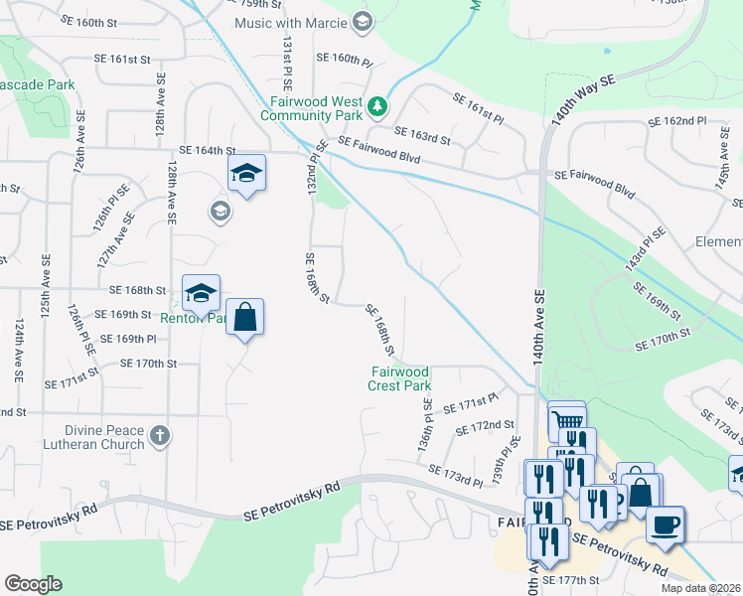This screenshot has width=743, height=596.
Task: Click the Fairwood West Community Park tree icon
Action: (x=377, y=105)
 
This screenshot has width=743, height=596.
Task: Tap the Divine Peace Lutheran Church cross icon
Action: (x=160, y=435)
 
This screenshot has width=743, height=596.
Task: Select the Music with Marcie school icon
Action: (x=363, y=21)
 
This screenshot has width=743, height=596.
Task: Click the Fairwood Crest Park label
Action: (x=400, y=378)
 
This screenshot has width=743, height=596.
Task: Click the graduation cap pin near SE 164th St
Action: (x=246, y=174)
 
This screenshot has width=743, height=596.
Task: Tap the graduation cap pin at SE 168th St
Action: (x=201, y=293)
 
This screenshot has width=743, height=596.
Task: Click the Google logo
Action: (x=33, y=584)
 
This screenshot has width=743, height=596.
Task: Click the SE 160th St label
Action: (x=95, y=21)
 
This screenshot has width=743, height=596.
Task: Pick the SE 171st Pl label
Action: (x=470, y=404)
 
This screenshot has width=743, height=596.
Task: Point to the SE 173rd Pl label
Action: (x=455, y=475)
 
